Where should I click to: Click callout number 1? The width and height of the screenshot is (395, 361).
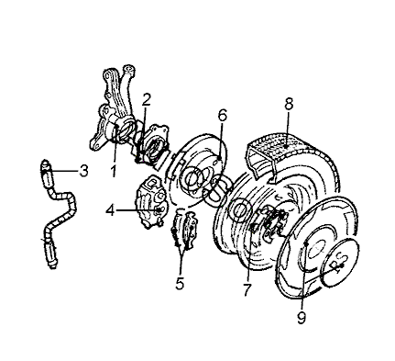(x=114, y=172)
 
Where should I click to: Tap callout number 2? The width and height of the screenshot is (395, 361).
(x=147, y=99)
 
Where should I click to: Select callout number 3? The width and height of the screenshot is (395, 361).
(x=83, y=171)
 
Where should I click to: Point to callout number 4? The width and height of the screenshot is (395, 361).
(x=110, y=210)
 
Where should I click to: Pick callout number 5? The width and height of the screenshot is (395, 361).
(x=180, y=283)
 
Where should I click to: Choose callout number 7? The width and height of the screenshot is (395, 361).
(x=247, y=289)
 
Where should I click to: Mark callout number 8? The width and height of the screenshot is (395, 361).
(x=288, y=104)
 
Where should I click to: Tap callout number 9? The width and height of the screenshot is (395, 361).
(x=302, y=318)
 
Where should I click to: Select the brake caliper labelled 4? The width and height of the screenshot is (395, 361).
(x=152, y=202)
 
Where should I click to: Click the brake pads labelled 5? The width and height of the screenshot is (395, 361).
(x=185, y=229)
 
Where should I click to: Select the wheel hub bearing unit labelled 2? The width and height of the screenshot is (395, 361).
(x=152, y=144)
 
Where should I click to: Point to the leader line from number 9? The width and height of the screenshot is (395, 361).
(x=303, y=276)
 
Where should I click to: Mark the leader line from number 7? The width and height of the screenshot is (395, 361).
(x=250, y=254)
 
